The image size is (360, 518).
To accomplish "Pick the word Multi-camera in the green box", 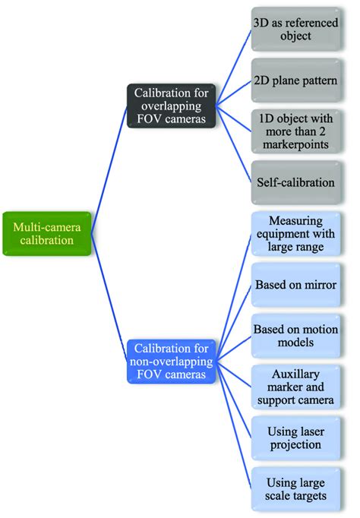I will tap(48, 226).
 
